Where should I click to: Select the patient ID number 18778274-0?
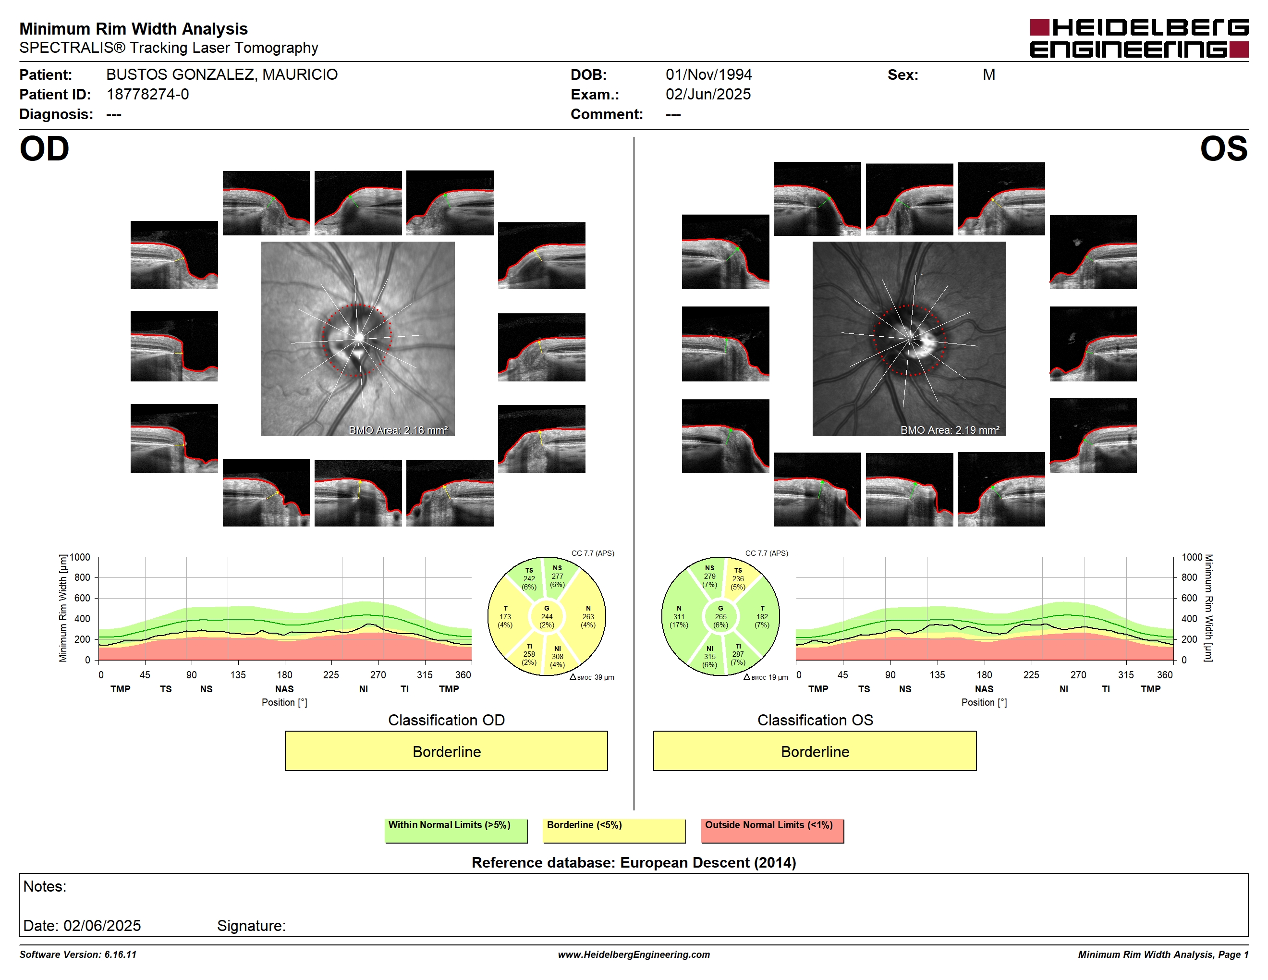point(147,94)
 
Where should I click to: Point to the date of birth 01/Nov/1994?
point(708,74)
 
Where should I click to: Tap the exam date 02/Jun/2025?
point(708,94)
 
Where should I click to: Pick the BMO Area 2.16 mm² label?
point(398,430)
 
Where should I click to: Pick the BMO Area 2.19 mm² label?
point(950,430)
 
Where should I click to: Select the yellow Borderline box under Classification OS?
point(815,751)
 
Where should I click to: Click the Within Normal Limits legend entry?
point(456,830)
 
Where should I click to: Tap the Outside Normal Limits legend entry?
point(772,830)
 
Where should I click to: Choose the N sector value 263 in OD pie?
point(588,616)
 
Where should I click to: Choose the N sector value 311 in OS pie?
point(679,616)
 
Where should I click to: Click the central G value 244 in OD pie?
point(547,616)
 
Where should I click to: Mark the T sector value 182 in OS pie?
point(762,616)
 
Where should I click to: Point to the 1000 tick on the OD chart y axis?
point(80,557)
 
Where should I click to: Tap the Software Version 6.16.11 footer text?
point(78,955)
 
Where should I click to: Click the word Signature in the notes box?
point(251,925)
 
